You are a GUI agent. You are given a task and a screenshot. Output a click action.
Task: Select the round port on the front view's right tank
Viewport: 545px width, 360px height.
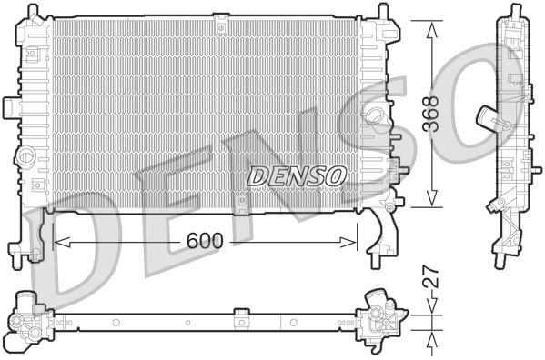click(x=372, y=115)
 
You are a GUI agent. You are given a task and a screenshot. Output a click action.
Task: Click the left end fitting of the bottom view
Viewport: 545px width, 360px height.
click(x=30, y=323)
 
